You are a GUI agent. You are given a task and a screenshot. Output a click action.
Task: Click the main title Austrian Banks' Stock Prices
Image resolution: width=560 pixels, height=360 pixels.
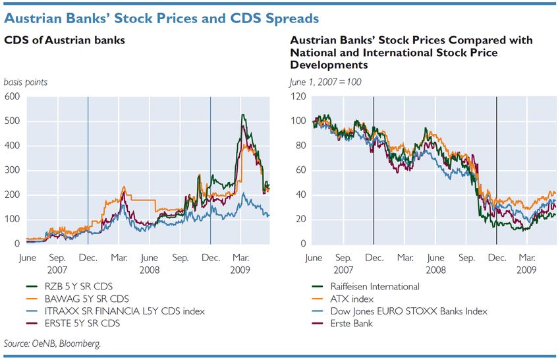161,17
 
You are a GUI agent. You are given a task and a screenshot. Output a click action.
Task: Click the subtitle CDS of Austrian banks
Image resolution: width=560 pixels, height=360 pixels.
65,41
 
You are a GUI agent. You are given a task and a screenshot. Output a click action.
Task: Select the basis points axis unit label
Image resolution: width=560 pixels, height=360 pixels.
26,82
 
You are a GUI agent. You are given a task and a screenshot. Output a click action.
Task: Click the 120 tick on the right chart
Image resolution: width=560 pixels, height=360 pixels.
297,97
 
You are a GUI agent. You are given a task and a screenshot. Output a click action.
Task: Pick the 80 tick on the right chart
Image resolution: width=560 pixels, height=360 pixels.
300,146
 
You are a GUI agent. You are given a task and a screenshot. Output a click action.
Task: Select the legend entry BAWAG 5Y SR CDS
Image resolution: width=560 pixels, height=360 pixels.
72,298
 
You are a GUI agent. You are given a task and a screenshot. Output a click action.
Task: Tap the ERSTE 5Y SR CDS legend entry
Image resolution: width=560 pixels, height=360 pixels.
70,322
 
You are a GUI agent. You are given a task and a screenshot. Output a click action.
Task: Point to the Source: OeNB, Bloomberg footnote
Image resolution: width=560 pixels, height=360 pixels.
53,344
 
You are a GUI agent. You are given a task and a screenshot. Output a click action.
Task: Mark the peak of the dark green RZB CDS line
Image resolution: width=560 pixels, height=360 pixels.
243,115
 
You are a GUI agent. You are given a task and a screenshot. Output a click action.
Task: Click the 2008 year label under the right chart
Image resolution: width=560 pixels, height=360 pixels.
435,270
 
